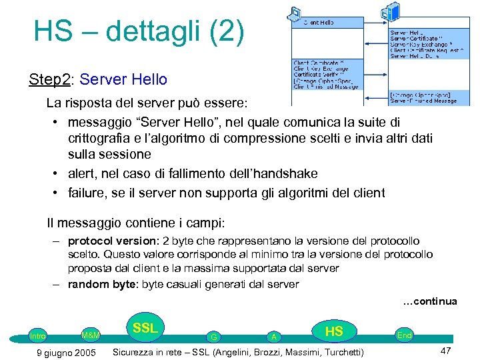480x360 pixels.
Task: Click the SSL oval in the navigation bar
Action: click(x=145, y=329)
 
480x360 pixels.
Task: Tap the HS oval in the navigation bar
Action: click(x=333, y=331)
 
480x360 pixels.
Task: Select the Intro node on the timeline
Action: click(x=39, y=336)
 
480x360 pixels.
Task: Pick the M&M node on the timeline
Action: click(x=90, y=335)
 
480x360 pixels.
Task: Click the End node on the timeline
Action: click(x=404, y=335)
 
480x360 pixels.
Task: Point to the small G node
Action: click(x=213, y=337)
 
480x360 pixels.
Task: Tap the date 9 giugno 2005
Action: click(x=65, y=352)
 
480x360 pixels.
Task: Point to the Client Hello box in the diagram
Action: click(x=319, y=22)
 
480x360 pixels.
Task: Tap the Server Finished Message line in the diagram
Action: click(x=424, y=101)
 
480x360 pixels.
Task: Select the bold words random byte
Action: click(x=99, y=284)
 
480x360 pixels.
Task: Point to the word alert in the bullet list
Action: click(x=83, y=173)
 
